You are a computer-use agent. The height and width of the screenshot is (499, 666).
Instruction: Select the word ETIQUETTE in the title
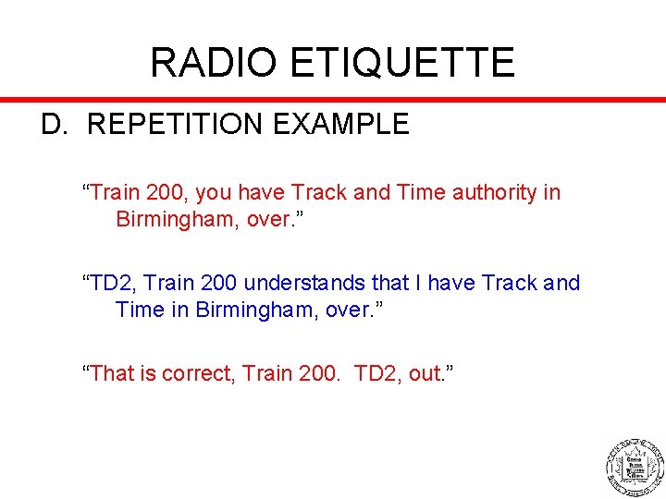click(402, 63)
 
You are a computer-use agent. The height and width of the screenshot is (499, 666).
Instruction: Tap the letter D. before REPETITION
click(55, 125)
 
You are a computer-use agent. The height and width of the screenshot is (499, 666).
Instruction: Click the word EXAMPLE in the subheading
click(347, 125)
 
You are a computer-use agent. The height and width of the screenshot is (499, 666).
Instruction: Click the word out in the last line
click(424, 373)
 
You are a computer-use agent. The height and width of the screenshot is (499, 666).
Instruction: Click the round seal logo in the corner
click(635, 462)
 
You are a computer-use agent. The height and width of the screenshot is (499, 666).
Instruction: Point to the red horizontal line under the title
click(333, 98)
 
